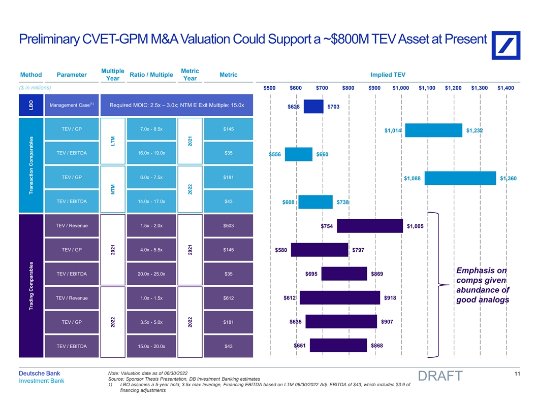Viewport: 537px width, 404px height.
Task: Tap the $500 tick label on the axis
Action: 270,88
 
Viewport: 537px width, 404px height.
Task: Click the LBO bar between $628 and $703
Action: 313,107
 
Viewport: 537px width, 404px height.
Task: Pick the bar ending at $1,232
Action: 433,130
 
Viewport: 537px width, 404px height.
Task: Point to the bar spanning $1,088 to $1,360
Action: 460,178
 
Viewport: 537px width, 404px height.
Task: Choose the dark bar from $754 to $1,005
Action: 370,226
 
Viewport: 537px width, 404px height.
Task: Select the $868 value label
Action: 376,346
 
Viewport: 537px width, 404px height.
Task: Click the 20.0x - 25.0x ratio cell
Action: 151,274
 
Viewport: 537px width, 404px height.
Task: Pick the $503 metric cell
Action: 229,226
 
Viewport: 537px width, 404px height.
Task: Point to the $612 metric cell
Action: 229,298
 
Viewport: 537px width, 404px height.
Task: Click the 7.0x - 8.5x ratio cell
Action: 151,129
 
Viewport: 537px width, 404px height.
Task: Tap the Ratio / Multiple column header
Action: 151,75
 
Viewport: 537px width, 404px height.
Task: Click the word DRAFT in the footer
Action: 439,376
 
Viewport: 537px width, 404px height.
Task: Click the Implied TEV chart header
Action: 389,75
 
